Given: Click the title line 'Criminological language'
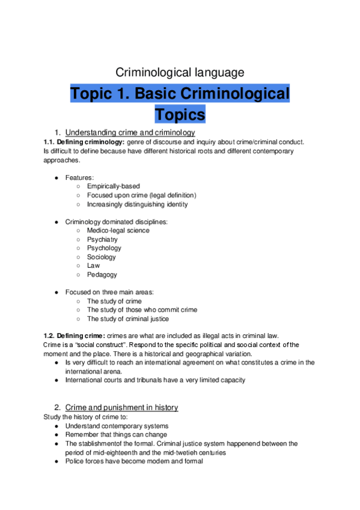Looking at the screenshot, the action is click(180, 73).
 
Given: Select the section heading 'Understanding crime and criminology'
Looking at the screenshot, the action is click(130, 132).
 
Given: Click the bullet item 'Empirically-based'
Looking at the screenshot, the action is click(113, 186).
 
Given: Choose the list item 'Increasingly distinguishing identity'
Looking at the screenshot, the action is click(137, 204).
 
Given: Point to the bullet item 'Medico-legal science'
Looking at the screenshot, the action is click(118, 230).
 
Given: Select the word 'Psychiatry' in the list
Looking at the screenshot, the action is click(102, 239).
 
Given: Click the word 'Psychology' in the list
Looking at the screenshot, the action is click(104, 248).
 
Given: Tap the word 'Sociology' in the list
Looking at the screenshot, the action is click(102, 257).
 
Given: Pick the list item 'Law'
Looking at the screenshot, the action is click(93, 265).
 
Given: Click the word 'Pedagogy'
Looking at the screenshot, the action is click(102, 274).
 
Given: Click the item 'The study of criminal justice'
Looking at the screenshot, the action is click(127, 319).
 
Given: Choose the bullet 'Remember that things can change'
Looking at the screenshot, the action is click(116, 435).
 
